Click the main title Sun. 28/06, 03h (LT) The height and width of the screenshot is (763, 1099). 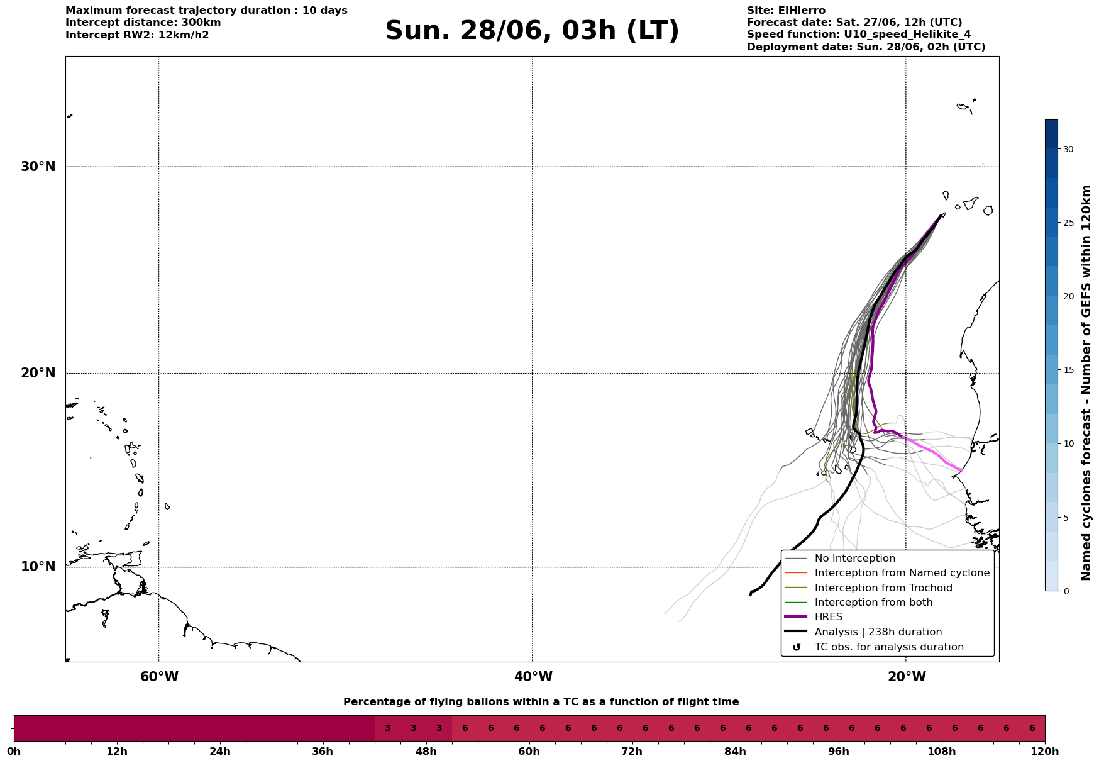532,31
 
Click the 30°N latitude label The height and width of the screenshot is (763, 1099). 38,167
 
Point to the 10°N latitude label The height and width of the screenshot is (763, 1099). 38,567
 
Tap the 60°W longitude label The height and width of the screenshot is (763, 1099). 159,677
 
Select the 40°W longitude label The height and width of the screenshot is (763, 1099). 533,677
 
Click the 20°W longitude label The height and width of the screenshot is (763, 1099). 907,677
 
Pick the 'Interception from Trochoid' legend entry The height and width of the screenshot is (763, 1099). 868,588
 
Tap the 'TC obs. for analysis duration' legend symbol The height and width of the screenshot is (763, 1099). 797,647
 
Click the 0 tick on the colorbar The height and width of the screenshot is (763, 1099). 1066,591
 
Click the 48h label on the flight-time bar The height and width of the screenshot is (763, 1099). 426,751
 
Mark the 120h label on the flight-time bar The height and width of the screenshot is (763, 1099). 1045,751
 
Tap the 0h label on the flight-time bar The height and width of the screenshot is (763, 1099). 14,751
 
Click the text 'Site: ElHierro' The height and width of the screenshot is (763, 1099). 786,11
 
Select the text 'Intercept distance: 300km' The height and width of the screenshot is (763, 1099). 143,23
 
